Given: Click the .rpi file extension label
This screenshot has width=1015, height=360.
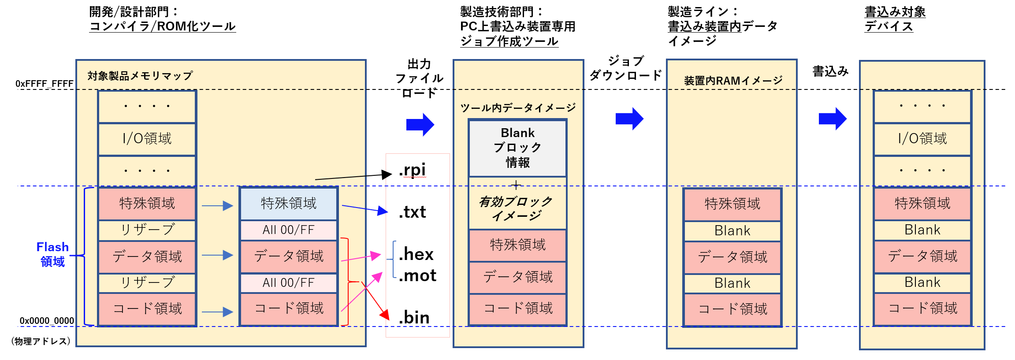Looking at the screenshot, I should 413,170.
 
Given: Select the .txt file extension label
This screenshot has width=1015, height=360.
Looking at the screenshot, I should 413,212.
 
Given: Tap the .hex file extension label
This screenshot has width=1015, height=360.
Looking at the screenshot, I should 416,255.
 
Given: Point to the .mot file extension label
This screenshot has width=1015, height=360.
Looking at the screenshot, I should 417,276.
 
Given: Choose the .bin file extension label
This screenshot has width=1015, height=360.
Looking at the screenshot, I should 414,318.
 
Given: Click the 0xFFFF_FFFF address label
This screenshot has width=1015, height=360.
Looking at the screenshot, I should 45,84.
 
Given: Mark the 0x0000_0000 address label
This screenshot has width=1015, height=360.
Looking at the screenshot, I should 47,321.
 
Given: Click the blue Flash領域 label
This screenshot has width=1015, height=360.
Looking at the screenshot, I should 52,254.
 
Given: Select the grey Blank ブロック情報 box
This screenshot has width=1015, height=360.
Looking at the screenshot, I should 517,148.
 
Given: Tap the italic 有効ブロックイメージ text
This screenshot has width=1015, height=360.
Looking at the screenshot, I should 516,208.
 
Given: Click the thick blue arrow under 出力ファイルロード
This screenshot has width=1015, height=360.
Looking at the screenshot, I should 420,125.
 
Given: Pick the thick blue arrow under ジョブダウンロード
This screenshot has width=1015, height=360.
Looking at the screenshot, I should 629,119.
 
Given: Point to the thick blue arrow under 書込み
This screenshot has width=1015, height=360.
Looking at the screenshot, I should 833,119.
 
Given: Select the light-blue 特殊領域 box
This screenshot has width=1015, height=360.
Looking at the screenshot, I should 289,204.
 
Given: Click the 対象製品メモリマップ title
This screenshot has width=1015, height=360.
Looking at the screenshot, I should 140,76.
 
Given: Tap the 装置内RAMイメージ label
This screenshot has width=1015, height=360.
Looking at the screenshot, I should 733,81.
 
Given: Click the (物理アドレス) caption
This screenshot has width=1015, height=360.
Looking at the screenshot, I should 41,341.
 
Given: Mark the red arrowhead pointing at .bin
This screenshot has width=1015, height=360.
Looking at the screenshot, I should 385,315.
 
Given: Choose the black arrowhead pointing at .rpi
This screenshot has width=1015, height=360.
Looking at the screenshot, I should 387,174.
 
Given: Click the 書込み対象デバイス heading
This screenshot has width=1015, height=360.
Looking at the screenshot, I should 895,19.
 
